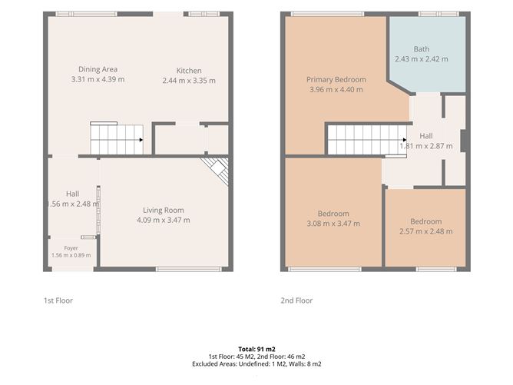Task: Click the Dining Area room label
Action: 98,69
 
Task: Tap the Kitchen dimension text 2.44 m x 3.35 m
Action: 189,81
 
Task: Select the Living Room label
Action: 164,211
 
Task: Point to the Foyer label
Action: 71,248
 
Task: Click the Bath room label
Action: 422,49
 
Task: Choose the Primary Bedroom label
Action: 336,80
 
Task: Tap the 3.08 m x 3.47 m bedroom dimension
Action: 333,224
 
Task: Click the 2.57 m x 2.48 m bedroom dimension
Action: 426,231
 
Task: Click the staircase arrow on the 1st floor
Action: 141,140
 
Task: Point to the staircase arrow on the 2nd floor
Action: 405,140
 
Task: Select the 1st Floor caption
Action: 58,300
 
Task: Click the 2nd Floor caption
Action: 296,300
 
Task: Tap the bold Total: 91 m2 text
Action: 256,349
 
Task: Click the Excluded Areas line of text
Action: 256,363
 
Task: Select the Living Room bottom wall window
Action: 189,270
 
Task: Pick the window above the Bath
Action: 439,14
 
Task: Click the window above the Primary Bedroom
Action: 327,14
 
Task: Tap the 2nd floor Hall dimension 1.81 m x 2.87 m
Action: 426,146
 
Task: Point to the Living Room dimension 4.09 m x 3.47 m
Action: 164,221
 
